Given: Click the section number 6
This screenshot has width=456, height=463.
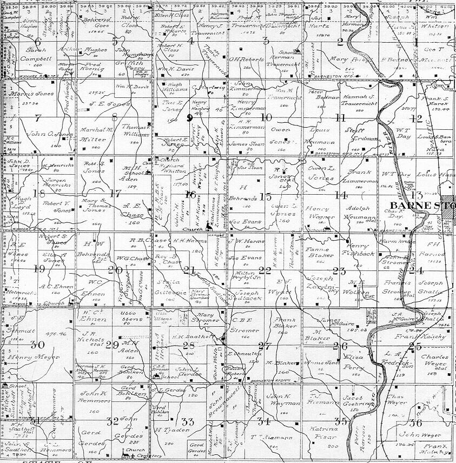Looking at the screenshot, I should click(x=37, y=41).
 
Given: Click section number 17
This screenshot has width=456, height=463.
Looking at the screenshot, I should click(x=115, y=193).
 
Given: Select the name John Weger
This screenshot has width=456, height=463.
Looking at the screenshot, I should click(x=421, y=434).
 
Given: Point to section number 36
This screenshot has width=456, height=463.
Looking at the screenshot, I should click(x=415, y=422).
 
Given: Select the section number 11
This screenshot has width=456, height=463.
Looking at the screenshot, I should click(x=340, y=117).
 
